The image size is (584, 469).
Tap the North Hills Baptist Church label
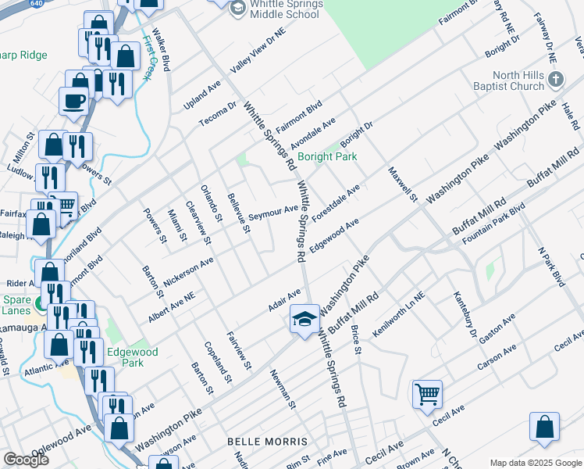pyautogui.click(x=511, y=81)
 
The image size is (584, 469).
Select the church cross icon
pyautogui.click(x=555, y=80)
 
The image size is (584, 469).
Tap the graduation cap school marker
pyautogui.click(x=304, y=318)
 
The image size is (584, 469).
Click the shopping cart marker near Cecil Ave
pyautogui.click(x=427, y=394)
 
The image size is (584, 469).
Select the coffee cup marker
pyautogui.click(x=75, y=100)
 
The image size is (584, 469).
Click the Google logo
pyautogui.click(x=26, y=459)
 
